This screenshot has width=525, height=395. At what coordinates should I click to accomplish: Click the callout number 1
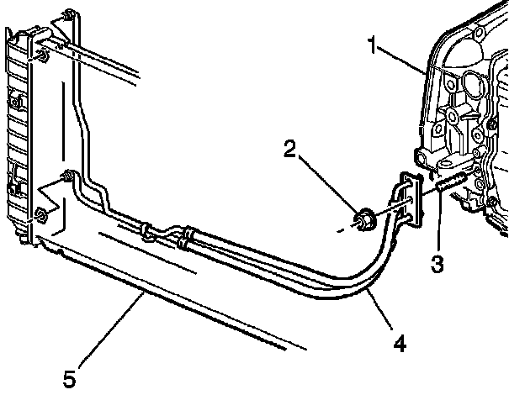pos(372,45)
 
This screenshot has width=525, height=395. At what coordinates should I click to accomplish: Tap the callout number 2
pos(289,150)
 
